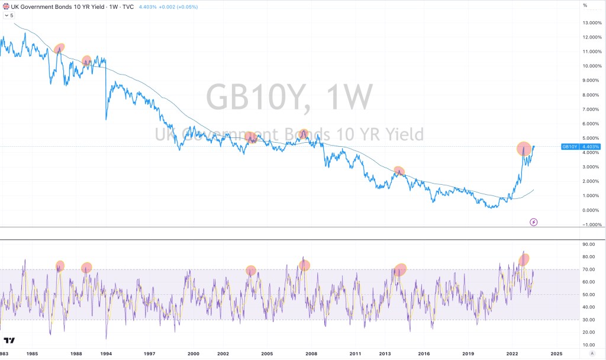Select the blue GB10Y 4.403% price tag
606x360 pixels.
[x=581, y=147]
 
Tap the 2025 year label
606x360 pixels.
[x=556, y=353]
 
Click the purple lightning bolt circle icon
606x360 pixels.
[x=534, y=222]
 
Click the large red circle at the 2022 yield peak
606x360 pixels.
[x=524, y=149]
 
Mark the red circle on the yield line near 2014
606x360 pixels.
[x=399, y=171]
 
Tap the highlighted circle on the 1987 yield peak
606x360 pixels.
[x=59, y=48]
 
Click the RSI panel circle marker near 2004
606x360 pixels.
[x=251, y=271]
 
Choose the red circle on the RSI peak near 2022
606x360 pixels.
[x=524, y=259]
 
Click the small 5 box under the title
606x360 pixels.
[x=9, y=15]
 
